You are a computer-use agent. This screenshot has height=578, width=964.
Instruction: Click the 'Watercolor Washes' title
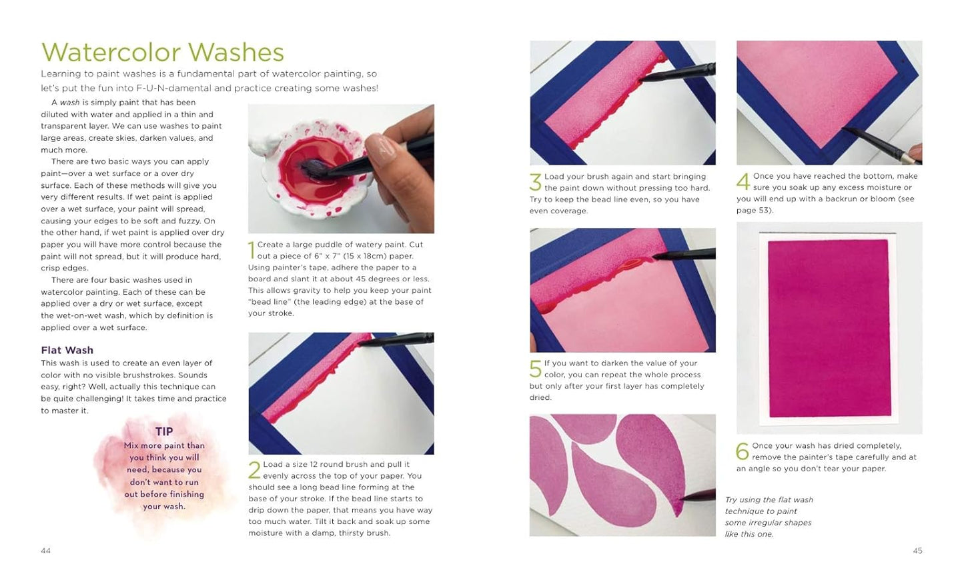[163, 52]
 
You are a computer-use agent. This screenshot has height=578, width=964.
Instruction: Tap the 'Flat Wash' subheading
[67, 350]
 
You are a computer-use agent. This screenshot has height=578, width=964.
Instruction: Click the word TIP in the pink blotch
[164, 431]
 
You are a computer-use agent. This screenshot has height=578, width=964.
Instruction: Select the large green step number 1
[252, 250]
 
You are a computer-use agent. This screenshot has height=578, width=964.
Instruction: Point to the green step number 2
[254, 469]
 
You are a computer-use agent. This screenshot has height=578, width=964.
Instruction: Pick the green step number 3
[535, 182]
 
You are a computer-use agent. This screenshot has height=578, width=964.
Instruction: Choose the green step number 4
[743, 181]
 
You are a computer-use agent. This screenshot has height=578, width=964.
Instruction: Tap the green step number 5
[535, 369]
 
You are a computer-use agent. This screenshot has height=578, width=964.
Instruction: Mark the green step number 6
[743, 451]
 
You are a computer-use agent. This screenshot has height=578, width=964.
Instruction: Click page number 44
[45, 551]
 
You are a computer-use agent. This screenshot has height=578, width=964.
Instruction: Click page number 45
[917, 551]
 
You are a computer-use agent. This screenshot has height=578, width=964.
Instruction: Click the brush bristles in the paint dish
[314, 169]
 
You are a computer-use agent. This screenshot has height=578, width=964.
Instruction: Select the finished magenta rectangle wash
[829, 329]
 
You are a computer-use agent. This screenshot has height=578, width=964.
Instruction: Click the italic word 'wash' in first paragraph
[69, 103]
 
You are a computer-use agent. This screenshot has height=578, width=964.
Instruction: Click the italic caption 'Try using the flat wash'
[769, 500]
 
